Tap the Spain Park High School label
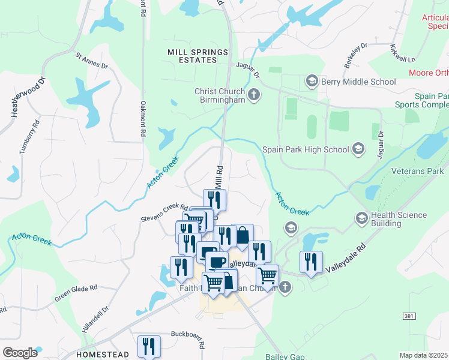(306, 149)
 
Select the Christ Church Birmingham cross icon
(254, 95)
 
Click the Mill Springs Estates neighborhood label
(191, 56)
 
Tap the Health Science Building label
(399, 219)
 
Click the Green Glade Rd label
(76, 293)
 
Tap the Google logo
(20, 353)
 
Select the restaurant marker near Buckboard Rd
(149, 346)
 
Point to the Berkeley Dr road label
(355, 55)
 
